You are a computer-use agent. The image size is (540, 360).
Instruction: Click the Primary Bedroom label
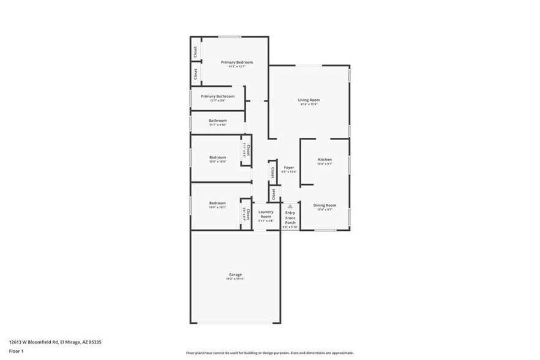(x=236, y=62)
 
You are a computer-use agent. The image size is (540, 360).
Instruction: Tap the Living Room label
(x=309, y=100)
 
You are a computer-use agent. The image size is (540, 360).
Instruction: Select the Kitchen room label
(x=324, y=159)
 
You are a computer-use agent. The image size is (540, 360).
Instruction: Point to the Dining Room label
(x=324, y=205)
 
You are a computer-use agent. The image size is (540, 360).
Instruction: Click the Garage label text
(x=235, y=274)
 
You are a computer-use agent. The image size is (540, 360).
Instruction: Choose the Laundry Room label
(x=266, y=214)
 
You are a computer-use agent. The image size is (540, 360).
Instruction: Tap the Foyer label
(x=288, y=167)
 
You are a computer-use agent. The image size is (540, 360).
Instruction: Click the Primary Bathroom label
(x=217, y=96)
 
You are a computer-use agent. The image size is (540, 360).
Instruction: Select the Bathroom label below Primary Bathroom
(x=217, y=121)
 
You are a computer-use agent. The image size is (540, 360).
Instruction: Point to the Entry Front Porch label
(x=290, y=217)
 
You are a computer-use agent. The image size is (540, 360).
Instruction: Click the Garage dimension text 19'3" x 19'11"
(x=235, y=279)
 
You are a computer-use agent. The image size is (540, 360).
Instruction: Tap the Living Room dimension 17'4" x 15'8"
(x=309, y=105)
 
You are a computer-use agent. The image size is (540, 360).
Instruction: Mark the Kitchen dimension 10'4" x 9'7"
(x=324, y=164)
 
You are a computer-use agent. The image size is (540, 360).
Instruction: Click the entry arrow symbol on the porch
(x=290, y=207)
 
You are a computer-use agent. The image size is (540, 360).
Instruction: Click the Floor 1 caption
(x=17, y=351)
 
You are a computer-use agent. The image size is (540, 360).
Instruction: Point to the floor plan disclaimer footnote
(x=269, y=353)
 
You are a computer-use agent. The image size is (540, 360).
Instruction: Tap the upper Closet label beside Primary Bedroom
(x=195, y=51)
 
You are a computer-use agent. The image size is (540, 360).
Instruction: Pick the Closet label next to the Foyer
(x=272, y=173)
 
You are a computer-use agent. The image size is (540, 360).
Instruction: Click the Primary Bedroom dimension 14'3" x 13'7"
(x=236, y=67)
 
